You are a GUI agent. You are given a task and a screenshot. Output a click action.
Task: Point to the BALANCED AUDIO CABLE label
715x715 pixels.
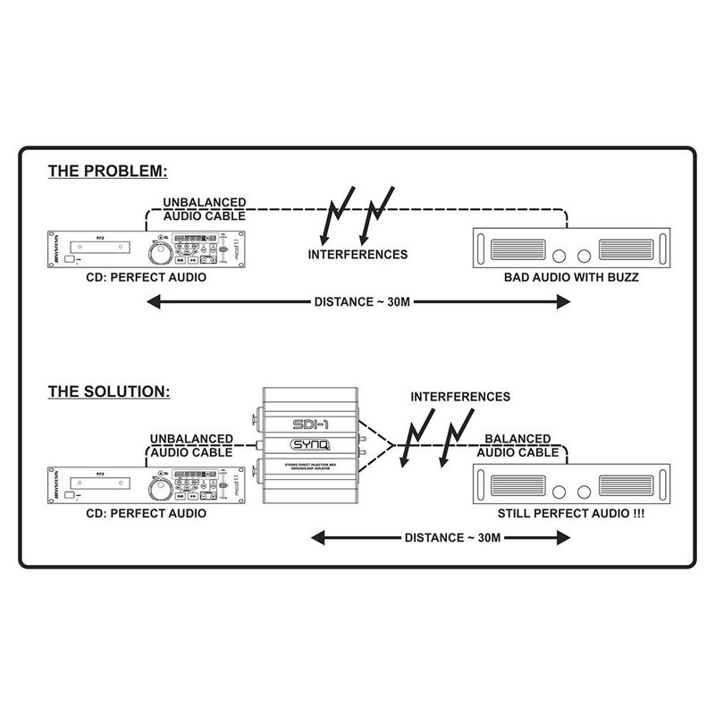click(522, 445)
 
